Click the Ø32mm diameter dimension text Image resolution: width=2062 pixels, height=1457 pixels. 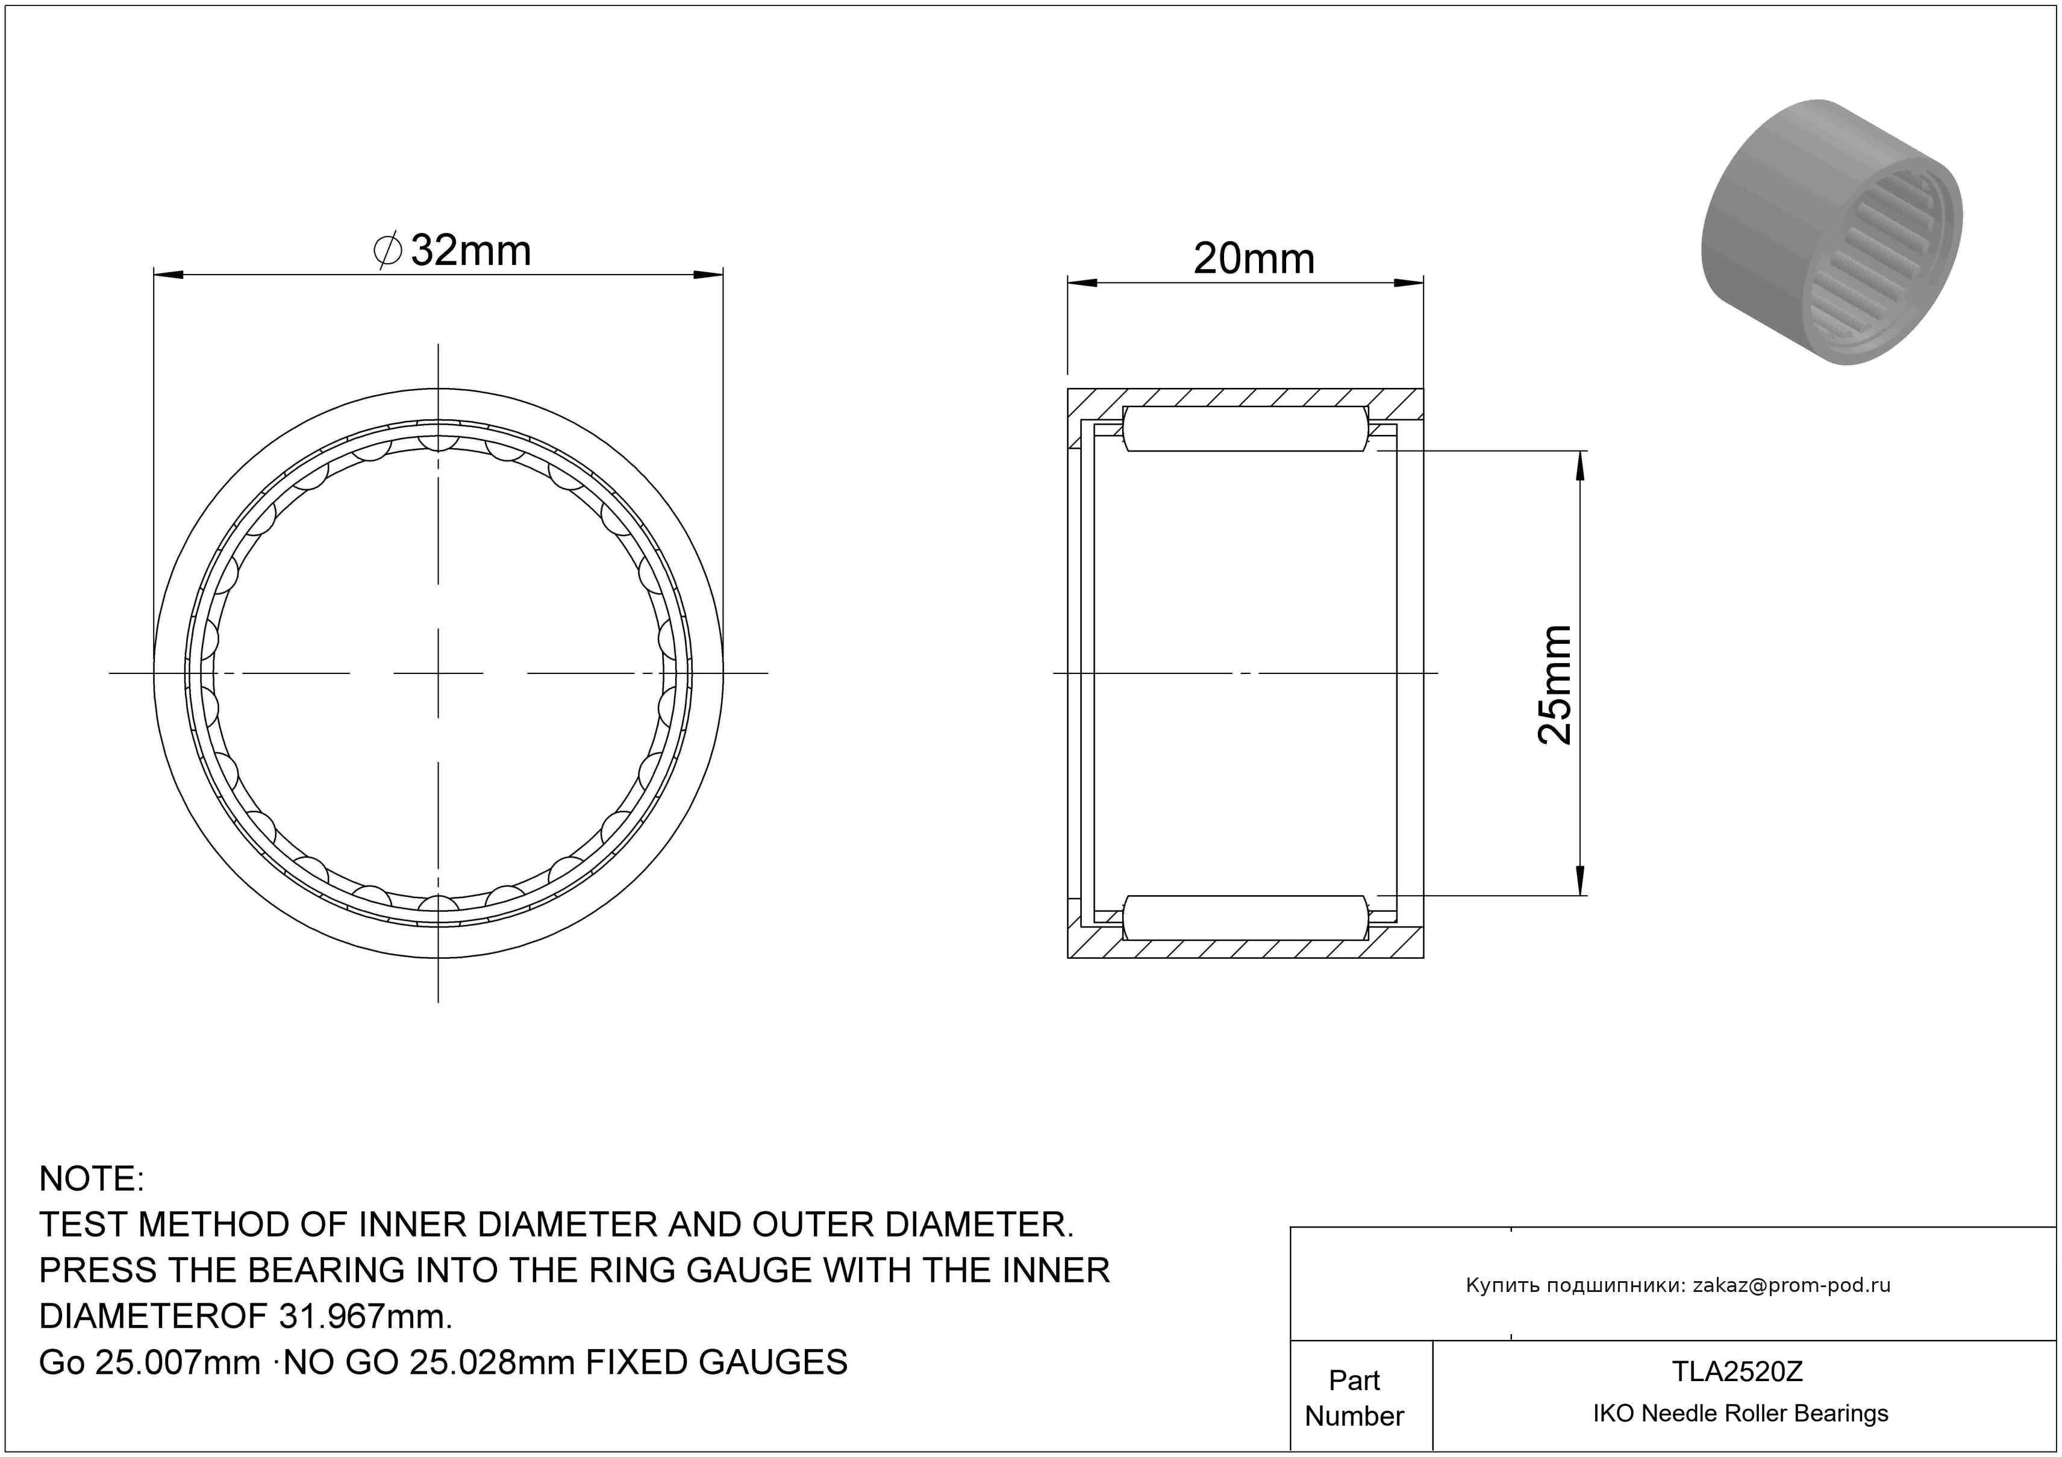pyautogui.click(x=452, y=251)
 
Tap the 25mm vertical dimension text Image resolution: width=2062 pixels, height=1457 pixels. pyautogui.click(x=1555, y=685)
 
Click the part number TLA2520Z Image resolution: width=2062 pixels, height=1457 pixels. pyautogui.click(x=1737, y=1371)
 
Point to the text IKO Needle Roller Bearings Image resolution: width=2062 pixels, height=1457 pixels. pyautogui.click(x=1740, y=1414)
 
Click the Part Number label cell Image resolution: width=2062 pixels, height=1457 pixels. pyautogui.click(x=1354, y=1398)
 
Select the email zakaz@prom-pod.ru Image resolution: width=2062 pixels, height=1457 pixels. pyautogui.click(x=1792, y=1285)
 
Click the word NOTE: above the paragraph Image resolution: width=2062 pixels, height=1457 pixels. pyautogui.click(x=92, y=1179)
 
